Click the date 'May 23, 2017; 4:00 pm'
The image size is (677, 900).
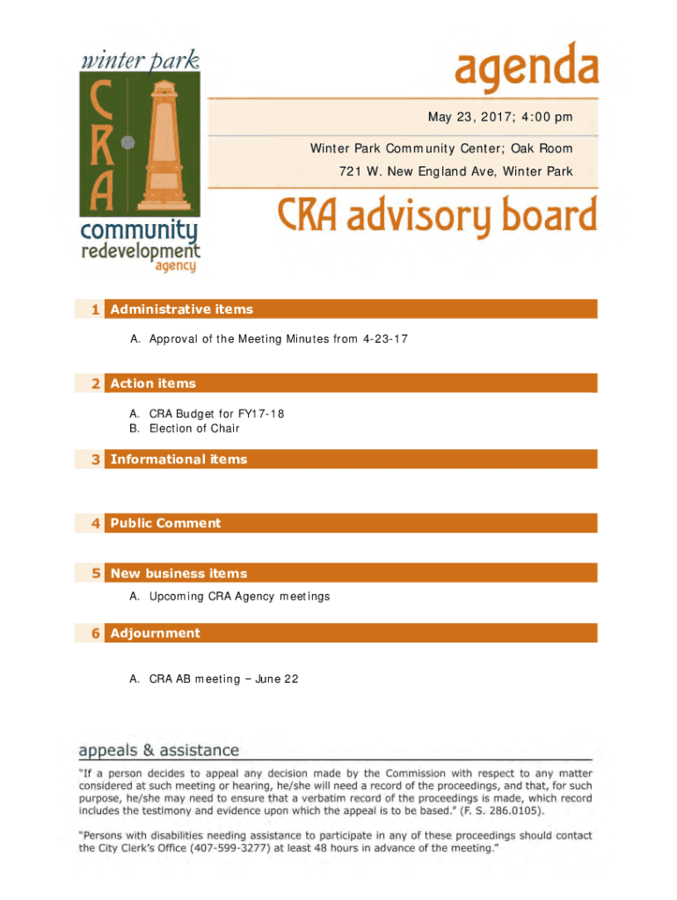click(x=499, y=117)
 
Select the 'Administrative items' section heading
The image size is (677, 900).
click(x=181, y=309)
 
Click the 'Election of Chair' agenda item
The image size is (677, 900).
click(x=194, y=429)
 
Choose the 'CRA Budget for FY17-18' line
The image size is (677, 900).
click(x=216, y=413)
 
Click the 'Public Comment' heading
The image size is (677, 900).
click(x=165, y=524)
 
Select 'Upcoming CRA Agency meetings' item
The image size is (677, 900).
click(x=239, y=597)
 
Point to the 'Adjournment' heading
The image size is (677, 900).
click(x=155, y=634)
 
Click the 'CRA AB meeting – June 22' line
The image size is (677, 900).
click(x=223, y=679)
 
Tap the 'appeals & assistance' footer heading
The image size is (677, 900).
click(x=159, y=751)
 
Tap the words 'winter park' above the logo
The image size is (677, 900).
click(x=140, y=61)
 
